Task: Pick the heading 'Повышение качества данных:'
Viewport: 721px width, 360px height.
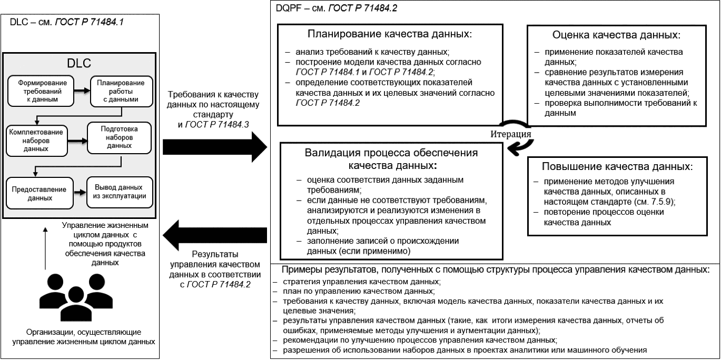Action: click(x=616, y=166)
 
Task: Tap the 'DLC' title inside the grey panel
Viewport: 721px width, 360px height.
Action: click(x=79, y=62)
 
